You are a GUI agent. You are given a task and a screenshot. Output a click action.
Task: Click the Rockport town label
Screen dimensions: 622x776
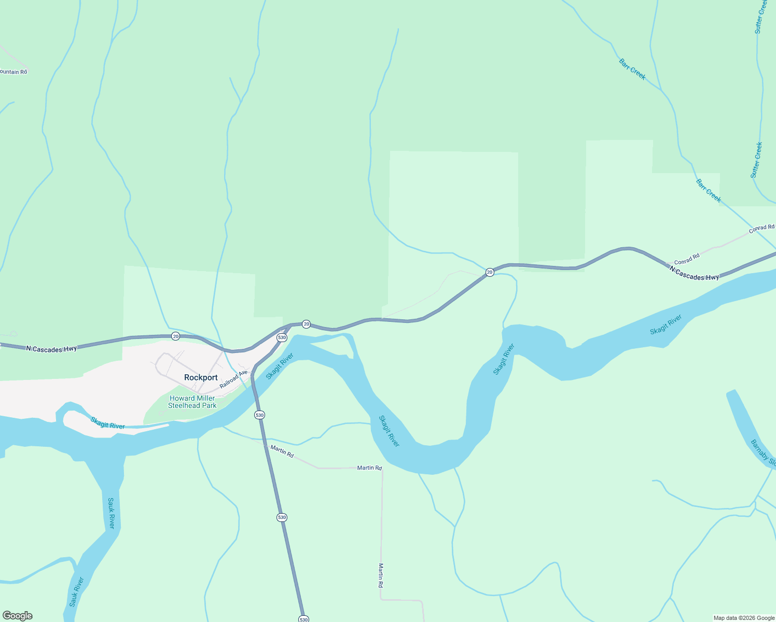[201, 377]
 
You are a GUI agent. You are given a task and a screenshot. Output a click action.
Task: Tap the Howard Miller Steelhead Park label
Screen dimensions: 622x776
[192, 402]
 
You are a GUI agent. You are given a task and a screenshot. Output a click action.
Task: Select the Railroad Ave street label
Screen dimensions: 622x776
[233, 379]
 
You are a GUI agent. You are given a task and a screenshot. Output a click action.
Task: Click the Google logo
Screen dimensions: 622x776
[17, 616]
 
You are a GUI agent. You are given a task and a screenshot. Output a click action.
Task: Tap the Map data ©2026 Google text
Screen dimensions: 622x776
[744, 618]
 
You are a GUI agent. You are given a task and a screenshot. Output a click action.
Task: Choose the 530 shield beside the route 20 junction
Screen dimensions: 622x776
[282, 337]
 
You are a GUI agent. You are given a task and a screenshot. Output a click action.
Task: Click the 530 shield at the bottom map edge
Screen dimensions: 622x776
[303, 619]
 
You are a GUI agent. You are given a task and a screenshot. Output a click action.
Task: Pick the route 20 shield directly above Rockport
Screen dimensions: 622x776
[176, 336]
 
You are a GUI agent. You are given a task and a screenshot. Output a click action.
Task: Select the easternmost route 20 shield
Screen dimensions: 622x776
[489, 272]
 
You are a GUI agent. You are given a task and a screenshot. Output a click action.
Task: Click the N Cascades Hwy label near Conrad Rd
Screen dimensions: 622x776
[694, 273]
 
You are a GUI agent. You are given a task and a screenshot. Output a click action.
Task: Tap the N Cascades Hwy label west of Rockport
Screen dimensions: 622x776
[51, 349]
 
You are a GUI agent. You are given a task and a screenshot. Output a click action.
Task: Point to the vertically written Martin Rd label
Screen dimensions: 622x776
[381, 575]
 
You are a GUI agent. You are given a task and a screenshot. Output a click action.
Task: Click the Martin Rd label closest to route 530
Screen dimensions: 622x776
[282, 451]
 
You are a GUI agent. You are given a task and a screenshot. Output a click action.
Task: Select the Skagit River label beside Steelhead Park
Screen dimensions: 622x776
[107, 423]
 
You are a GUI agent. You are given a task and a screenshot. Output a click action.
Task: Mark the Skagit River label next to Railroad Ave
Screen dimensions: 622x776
[280, 366]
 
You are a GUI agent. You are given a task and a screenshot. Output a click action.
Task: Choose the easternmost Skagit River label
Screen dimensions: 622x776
[666, 324]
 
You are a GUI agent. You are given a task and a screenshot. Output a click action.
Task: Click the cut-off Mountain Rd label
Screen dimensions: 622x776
[13, 72]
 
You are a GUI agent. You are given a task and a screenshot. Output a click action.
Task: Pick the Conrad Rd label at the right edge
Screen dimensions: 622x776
[761, 228]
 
